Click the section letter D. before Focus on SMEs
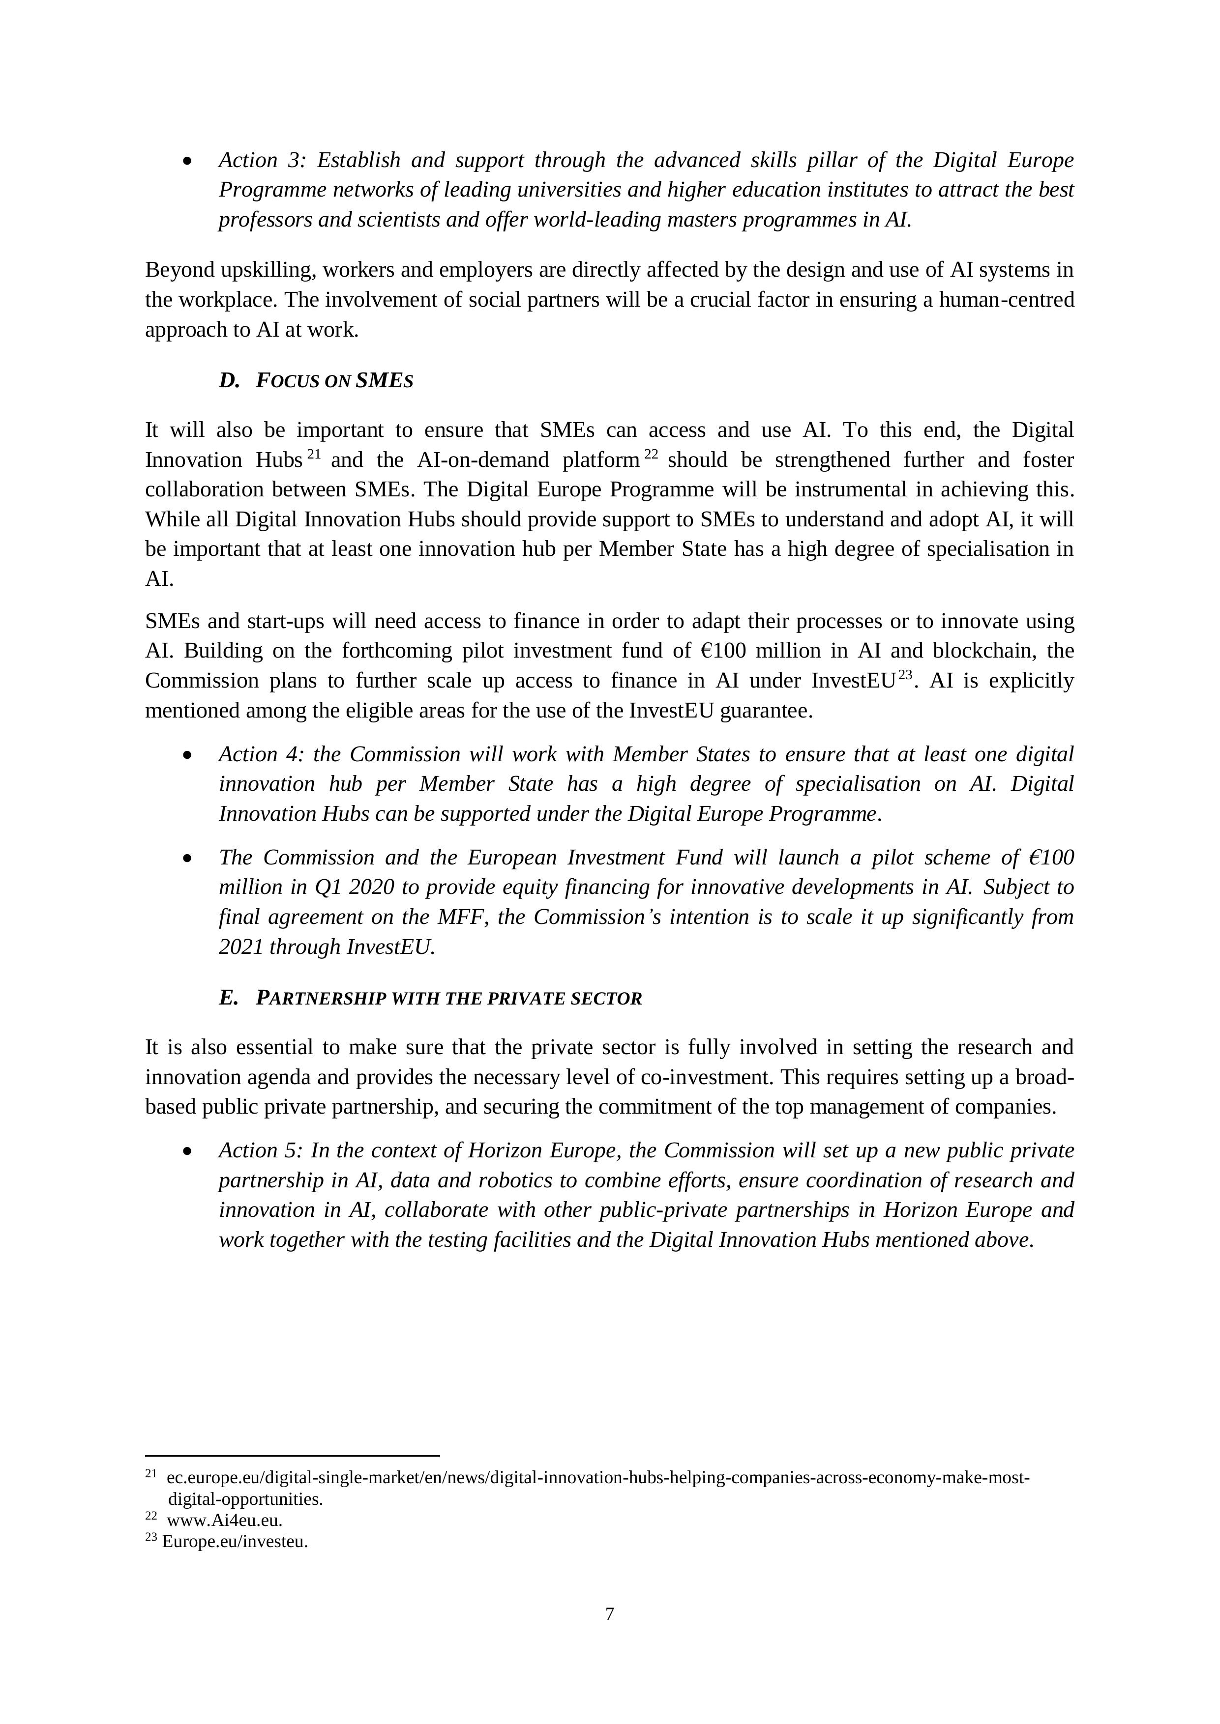pyautogui.click(x=228, y=381)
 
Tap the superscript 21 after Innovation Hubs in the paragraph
pyautogui.click(x=314, y=454)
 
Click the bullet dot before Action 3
pyautogui.click(x=187, y=161)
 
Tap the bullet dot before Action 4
pyautogui.click(x=187, y=755)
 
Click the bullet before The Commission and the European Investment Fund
pyautogui.click(x=187, y=858)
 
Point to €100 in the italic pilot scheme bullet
pyautogui.click(x=1050, y=858)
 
